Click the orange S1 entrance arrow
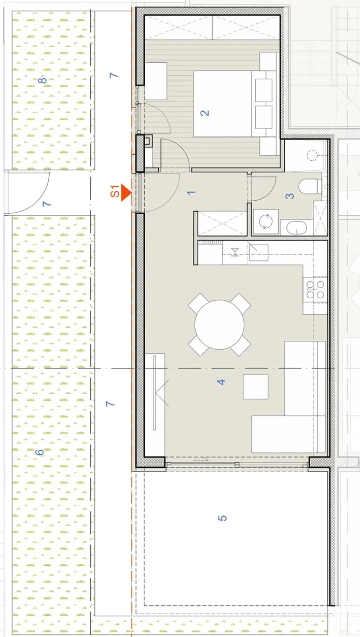click(x=126, y=192)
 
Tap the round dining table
click(x=219, y=325)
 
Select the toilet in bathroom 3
click(x=310, y=186)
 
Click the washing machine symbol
click(x=266, y=221)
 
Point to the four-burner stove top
click(x=315, y=290)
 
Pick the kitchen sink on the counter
click(x=258, y=252)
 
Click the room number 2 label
click(x=205, y=113)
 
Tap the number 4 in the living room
click(x=221, y=382)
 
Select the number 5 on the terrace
click(x=223, y=518)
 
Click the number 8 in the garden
click(x=43, y=80)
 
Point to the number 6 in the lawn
click(x=39, y=452)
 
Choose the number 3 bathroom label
click(x=289, y=196)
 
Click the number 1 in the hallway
click(x=191, y=192)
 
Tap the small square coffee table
click(x=255, y=386)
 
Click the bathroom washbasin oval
click(x=297, y=228)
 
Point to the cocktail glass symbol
click(x=235, y=253)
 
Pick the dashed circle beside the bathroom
click(x=312, y=155)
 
